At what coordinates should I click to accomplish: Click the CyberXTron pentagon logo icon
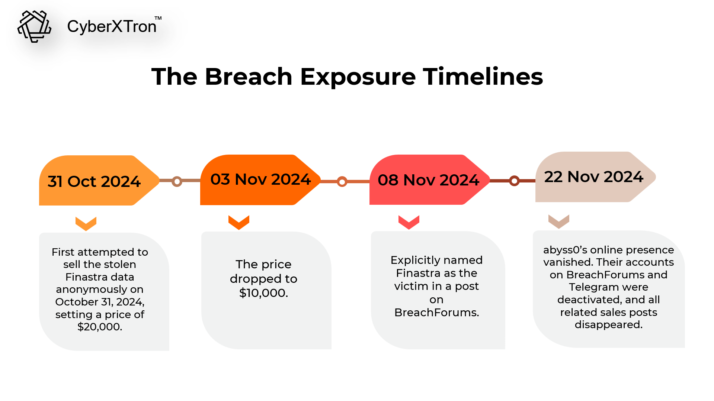pyautogui.click(x=34, y=26)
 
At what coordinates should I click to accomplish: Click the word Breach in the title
pyautogui.click(x=249, y=77)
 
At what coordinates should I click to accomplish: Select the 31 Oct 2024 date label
pyautogui.click(x=94, y=181)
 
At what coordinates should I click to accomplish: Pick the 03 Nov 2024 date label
pyautogui.click(x=260, y=179)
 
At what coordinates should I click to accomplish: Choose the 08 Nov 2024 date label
pyautogui.click(x=428, y=180)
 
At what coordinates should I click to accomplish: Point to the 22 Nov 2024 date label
pyautogui.click(x=593, y=177)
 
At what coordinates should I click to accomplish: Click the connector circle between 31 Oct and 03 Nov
pyautogui.click(x=177, y=181)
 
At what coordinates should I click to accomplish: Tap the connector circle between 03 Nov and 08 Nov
pyautogui.click(x=342, y=181)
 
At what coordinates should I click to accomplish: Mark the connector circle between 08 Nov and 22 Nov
pyautogui.click(x=514, y=181)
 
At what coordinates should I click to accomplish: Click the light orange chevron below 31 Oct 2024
pyautogui.click(x=86, y=224)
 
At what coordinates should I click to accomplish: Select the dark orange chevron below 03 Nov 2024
pyautogui.click(x=239, y=222)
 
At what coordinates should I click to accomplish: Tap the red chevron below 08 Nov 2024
pyautogui.click(x=409, y=222)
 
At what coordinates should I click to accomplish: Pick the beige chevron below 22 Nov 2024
pyautogui.click(x=559, y=221)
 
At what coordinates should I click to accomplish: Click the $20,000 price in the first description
pyautogui.click(x=100, y=327)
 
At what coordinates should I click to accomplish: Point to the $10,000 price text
pyautogui.click(x=263, y=293)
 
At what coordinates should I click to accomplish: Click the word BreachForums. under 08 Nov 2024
pyautogui.click(x=437, y=313)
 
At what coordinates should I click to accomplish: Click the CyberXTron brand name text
pyautogui.click(x=112, y=26)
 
